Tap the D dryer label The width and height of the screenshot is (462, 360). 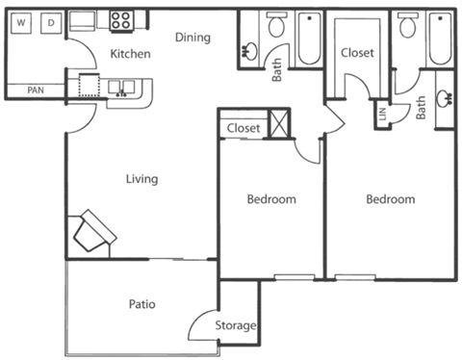point(51,20)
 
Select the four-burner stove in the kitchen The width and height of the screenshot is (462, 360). point(121,18)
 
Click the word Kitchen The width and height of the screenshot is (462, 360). point(130,54)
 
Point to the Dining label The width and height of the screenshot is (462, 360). point(193,38)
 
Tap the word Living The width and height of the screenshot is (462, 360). point(141,179)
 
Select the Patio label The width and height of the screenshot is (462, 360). point(141,304)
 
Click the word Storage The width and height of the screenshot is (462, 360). point(236,325)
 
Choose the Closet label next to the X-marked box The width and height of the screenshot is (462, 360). point(244,127)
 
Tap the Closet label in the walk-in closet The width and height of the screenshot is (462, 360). point(357,53)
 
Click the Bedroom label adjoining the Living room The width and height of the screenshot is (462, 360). point(271,199)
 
